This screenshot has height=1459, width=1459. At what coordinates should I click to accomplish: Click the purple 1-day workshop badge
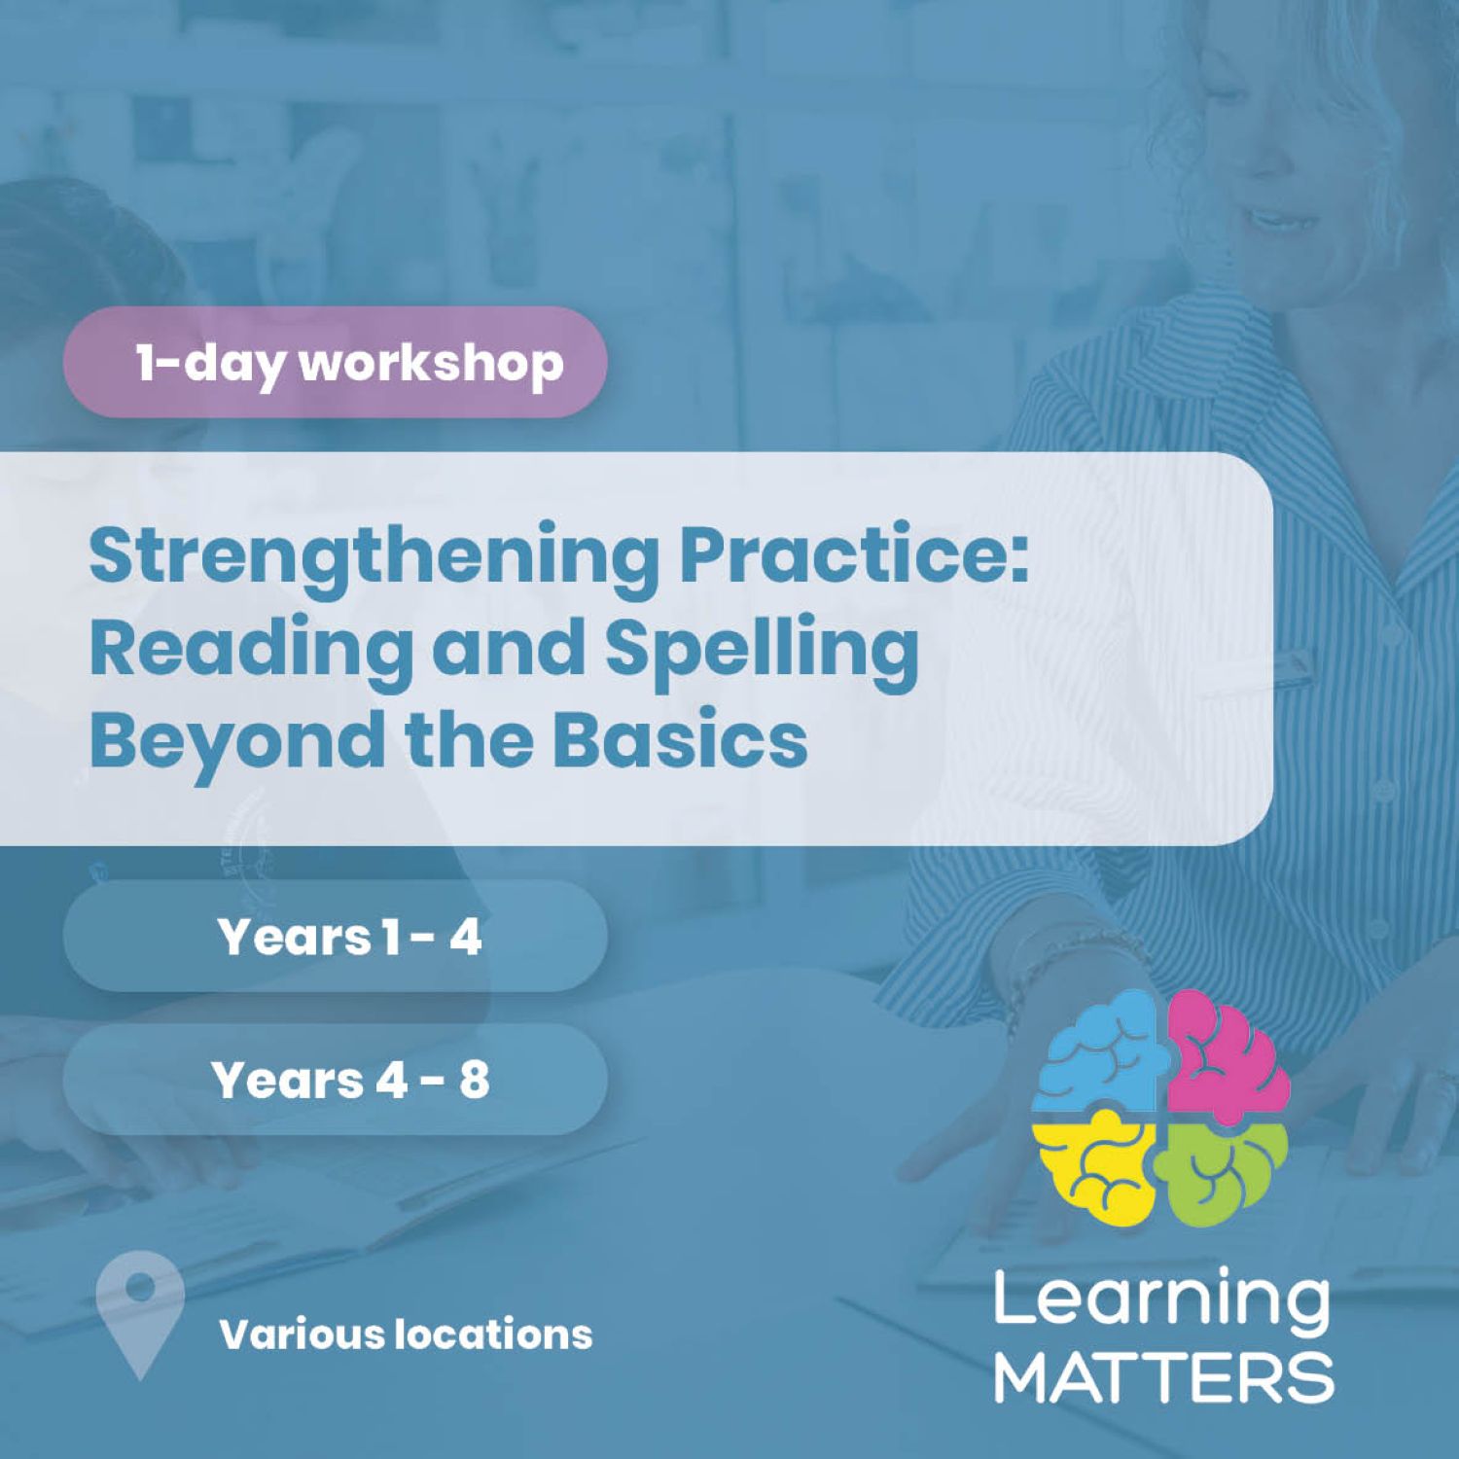click(x=335, y=362)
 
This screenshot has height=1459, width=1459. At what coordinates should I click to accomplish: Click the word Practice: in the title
click(x=853, y=555)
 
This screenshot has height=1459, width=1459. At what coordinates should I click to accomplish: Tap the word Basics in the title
click(x=680, y=739)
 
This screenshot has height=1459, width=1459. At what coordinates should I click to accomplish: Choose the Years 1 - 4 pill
click(x=335, y=937)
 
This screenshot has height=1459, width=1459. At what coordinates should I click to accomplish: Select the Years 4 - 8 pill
click(x=335, y=1080)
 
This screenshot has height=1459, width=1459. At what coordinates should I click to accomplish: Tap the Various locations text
click(x=406, y=1334)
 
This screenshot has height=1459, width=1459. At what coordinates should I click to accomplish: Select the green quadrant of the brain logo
click(x=1225, y=1172)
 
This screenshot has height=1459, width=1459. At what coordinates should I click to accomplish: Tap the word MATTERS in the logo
click(x=1163, y=1375)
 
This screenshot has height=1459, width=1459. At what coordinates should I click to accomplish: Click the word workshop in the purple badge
click(x=431, y=363)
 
